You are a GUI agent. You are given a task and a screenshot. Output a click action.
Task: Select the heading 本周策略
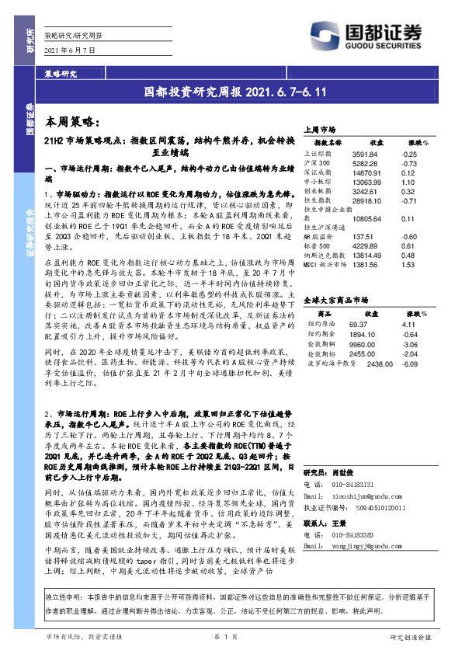tap(71, 123)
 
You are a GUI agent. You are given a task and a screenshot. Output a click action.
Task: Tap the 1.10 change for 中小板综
tap(410, 181)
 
